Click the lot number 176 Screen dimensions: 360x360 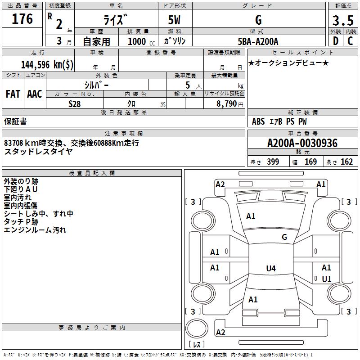(22, 18)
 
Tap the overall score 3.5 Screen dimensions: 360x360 (343, 20)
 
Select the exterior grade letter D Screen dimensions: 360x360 (336, 41)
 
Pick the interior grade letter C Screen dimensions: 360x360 (350, 41)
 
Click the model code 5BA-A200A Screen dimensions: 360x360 (258, 41)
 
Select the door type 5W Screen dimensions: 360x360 (174, 20)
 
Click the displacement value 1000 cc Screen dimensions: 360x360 (141, 41)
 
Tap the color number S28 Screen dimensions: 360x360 (75, 104)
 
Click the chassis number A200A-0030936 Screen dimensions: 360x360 (302, 143)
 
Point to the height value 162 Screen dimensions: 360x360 (346, 162)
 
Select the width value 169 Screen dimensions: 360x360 (310, 162)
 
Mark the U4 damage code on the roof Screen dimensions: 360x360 (271, 268)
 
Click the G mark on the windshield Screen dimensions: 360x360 (284, 237)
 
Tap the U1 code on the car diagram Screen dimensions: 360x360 (327, 279)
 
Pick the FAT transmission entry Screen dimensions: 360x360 (13, 94)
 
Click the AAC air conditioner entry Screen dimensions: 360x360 (35, 94)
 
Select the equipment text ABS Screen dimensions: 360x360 (258, 121)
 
